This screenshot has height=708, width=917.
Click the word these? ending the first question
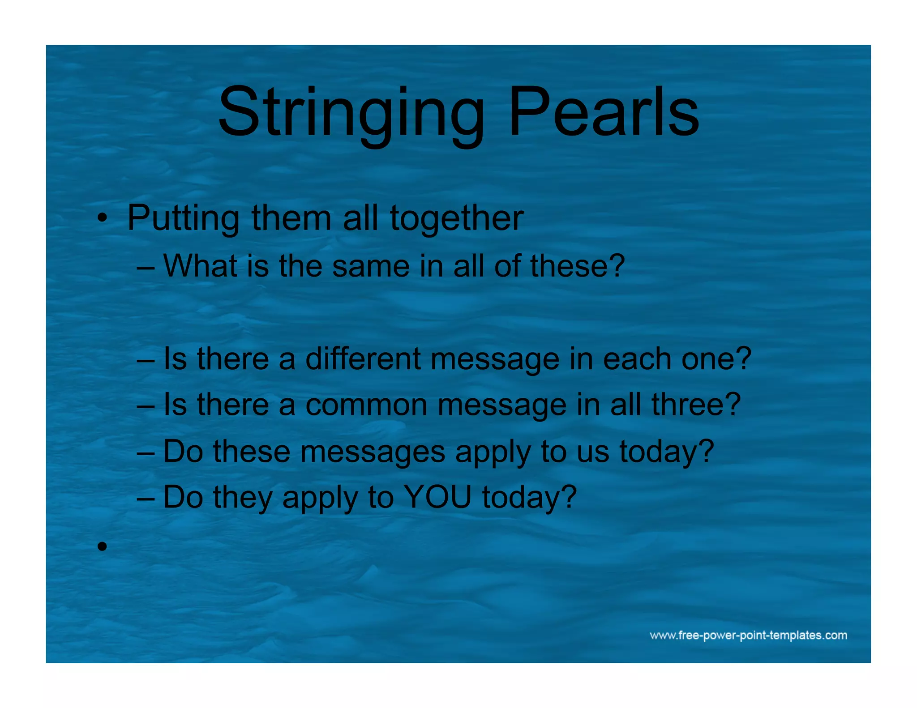[578, 266]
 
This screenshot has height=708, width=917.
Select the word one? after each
[716, 359]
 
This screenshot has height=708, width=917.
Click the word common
[366, 405]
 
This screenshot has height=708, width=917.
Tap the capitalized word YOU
[437, 497]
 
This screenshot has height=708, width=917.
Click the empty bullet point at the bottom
[103, 546]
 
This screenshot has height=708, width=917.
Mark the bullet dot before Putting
[103, 219]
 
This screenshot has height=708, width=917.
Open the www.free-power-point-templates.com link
[748, 635]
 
